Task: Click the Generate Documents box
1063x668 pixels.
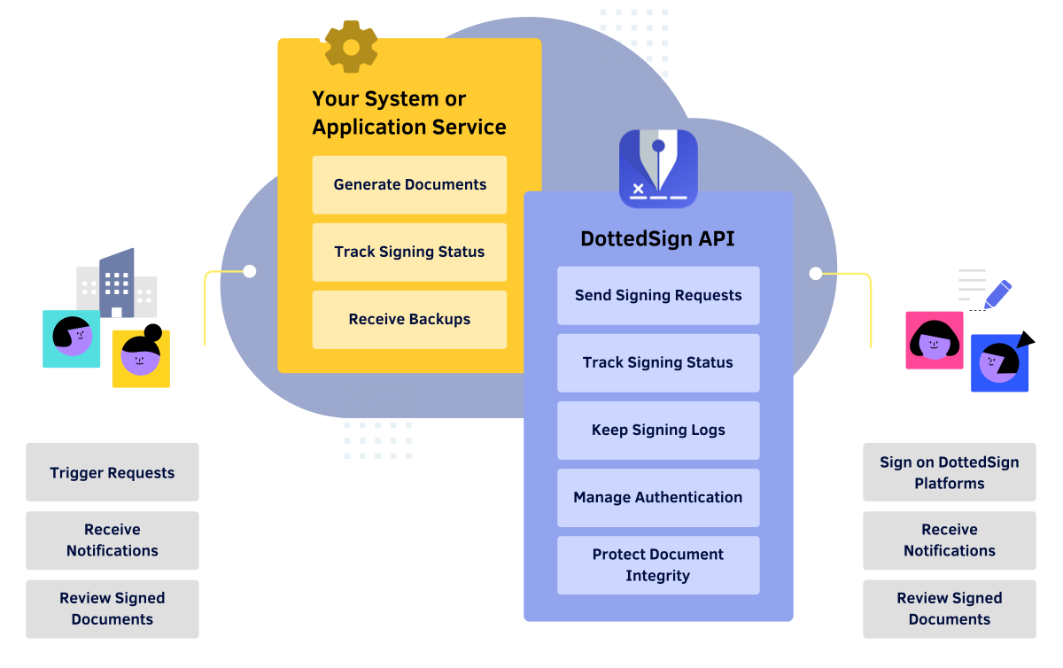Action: pos(409,184)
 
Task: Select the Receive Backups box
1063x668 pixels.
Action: pos(409,319)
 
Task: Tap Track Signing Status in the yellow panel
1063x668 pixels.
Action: pos(409,252)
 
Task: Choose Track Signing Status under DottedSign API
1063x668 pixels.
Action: pos(657,362)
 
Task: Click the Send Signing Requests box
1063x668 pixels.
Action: pos(657,295)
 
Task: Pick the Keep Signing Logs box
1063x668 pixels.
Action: pos(657,430)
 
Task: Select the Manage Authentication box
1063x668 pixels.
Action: pos(657,497)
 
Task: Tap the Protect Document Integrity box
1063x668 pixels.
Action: pos(657,564)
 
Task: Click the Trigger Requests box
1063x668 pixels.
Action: pos(112,472)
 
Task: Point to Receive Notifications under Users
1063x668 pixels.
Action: pos(112,540)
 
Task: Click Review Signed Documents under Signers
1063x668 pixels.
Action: pos(949,609)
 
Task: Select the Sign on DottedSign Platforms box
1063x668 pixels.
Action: pos(949,472)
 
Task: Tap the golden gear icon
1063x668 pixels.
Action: pos(351,46)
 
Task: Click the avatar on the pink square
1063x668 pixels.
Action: pos(934,340)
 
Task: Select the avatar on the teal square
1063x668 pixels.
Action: pos(72,338)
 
